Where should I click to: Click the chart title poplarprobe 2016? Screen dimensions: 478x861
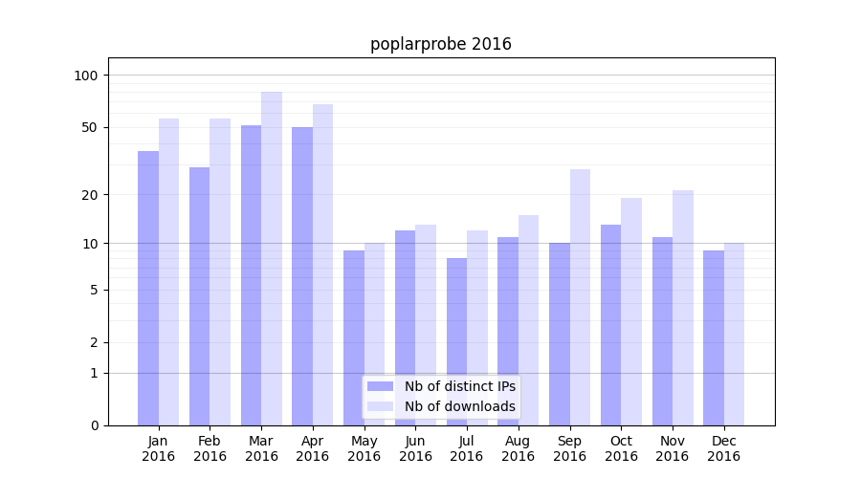(441, 44)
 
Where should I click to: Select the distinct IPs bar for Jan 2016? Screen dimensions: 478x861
(148, 287)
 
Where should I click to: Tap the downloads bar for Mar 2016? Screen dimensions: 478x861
(272, 258)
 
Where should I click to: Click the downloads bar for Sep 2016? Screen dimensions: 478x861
(580, 296)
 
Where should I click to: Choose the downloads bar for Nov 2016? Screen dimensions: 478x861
(683, 307)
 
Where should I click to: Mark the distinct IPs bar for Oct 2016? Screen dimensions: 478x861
(610, 325)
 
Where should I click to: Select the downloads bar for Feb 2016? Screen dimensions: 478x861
(220, 272)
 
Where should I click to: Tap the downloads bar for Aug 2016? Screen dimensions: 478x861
(529, 319)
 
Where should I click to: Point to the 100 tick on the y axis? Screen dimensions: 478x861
(87, 76)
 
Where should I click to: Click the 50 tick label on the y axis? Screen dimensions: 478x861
(90, 127)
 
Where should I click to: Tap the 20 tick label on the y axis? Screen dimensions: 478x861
(90, 195)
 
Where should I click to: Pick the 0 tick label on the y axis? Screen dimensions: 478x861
(94, 425)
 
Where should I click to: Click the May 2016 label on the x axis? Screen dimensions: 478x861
(364, 448)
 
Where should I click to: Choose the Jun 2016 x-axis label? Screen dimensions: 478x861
(415, 448)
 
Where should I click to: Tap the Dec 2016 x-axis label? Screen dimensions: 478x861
(724, 448)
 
